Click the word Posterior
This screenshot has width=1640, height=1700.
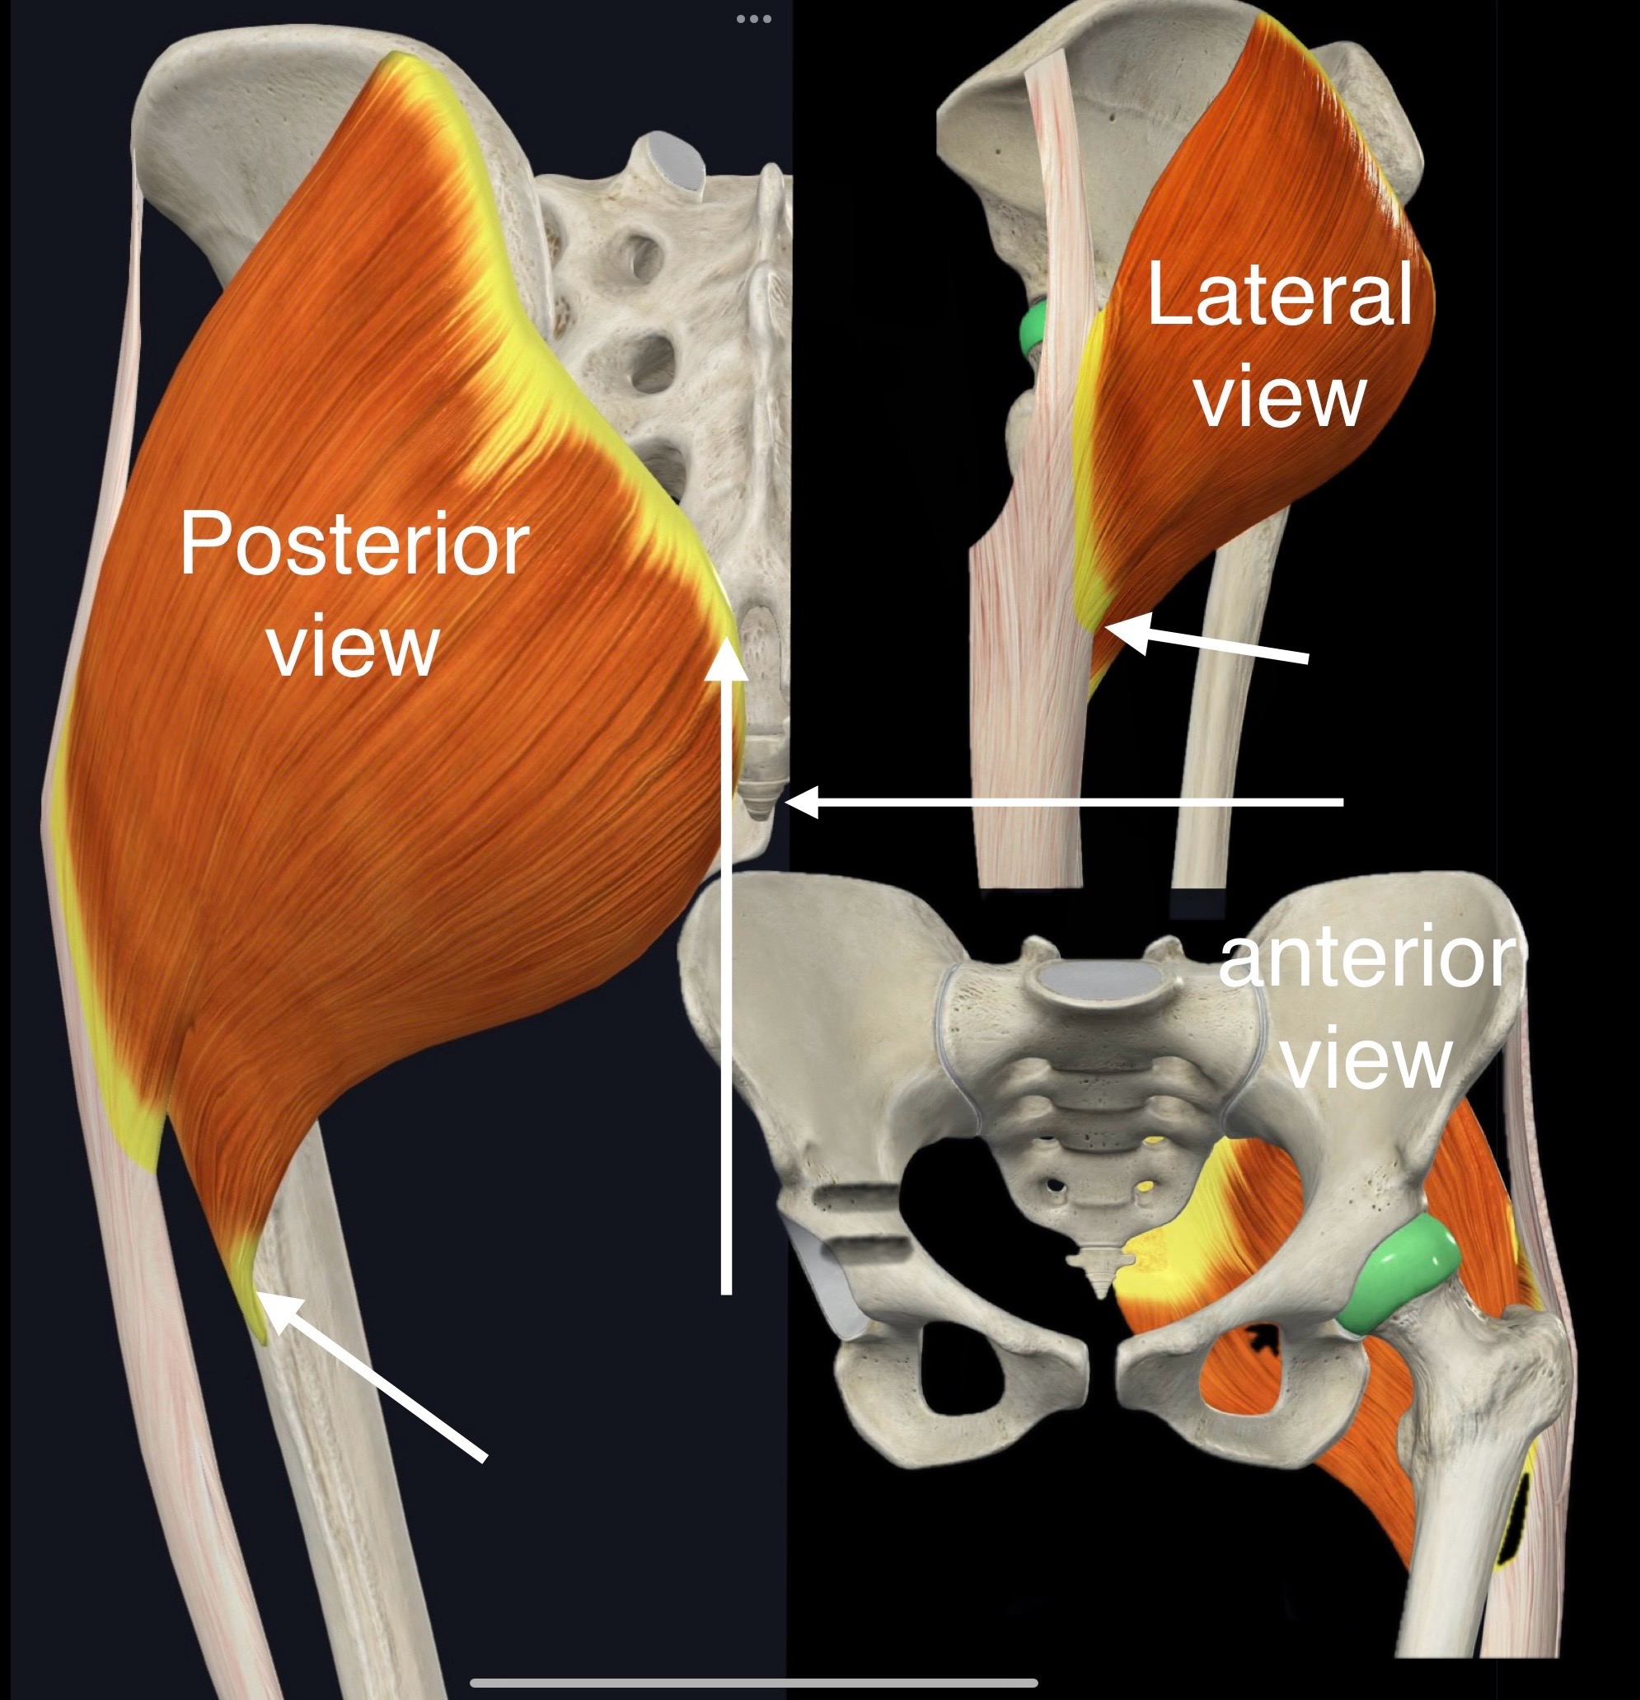(x=354, y=545)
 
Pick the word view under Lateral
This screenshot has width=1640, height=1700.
(x=1281, y=396)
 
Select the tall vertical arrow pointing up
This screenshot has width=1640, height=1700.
(x=728, y=972)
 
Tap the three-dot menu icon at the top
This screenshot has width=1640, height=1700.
(x=752, y=18)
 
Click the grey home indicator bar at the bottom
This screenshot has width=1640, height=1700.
(x=752, y=1682)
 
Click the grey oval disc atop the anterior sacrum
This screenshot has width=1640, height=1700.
(x=1099, y=983)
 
